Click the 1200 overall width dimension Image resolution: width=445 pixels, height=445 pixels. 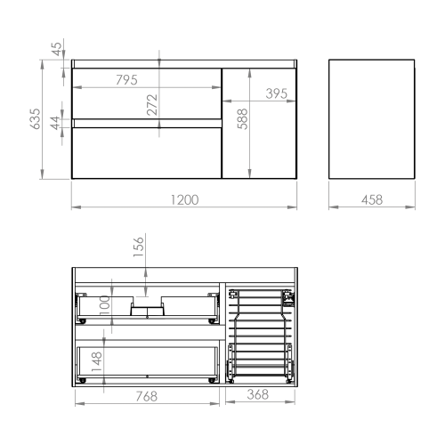[x=184, y=199]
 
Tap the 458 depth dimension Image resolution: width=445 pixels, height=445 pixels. [x=372, y=199]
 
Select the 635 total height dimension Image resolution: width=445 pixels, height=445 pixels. [x=36, y=119]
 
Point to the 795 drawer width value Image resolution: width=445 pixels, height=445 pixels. [x=126, y=80]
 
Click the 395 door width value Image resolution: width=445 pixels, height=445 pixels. [x=277, y=93]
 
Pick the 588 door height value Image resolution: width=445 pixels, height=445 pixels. [x=242, y=119]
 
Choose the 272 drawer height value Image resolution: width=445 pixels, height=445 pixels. [x=152, y=105]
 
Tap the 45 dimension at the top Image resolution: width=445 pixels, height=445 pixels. [x=57, y=49]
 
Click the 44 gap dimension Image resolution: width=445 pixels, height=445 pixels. [x=55, y=123]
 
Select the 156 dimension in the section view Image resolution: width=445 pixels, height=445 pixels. [x=139, y=247]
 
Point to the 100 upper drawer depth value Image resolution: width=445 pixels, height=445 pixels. [x=105, y=306]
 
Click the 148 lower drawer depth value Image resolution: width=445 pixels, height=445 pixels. [x=97, y=361]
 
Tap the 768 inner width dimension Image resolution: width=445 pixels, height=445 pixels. [x=147, y=396]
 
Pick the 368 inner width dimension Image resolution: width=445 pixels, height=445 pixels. [x=258, y=394]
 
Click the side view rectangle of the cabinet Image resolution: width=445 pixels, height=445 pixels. [x=372, y=119]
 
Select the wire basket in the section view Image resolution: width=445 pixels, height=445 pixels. [x=260, y=336]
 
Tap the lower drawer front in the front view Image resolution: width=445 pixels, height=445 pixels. [x=147, y=153]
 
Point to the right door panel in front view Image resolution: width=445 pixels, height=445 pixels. [x=259, y=124]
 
